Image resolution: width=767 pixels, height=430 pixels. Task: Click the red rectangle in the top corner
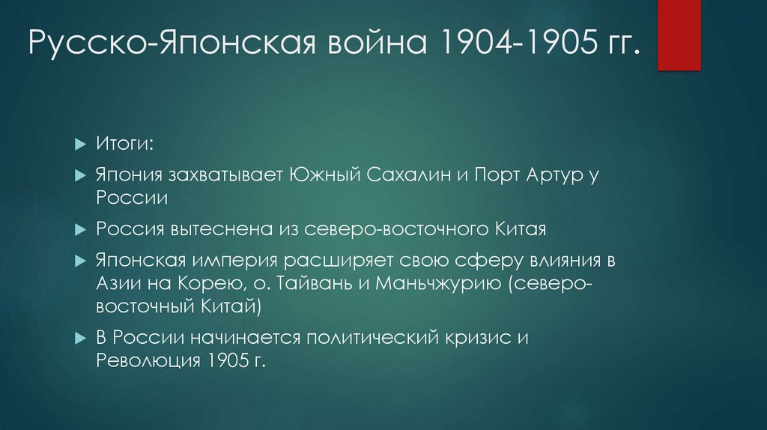679,35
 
